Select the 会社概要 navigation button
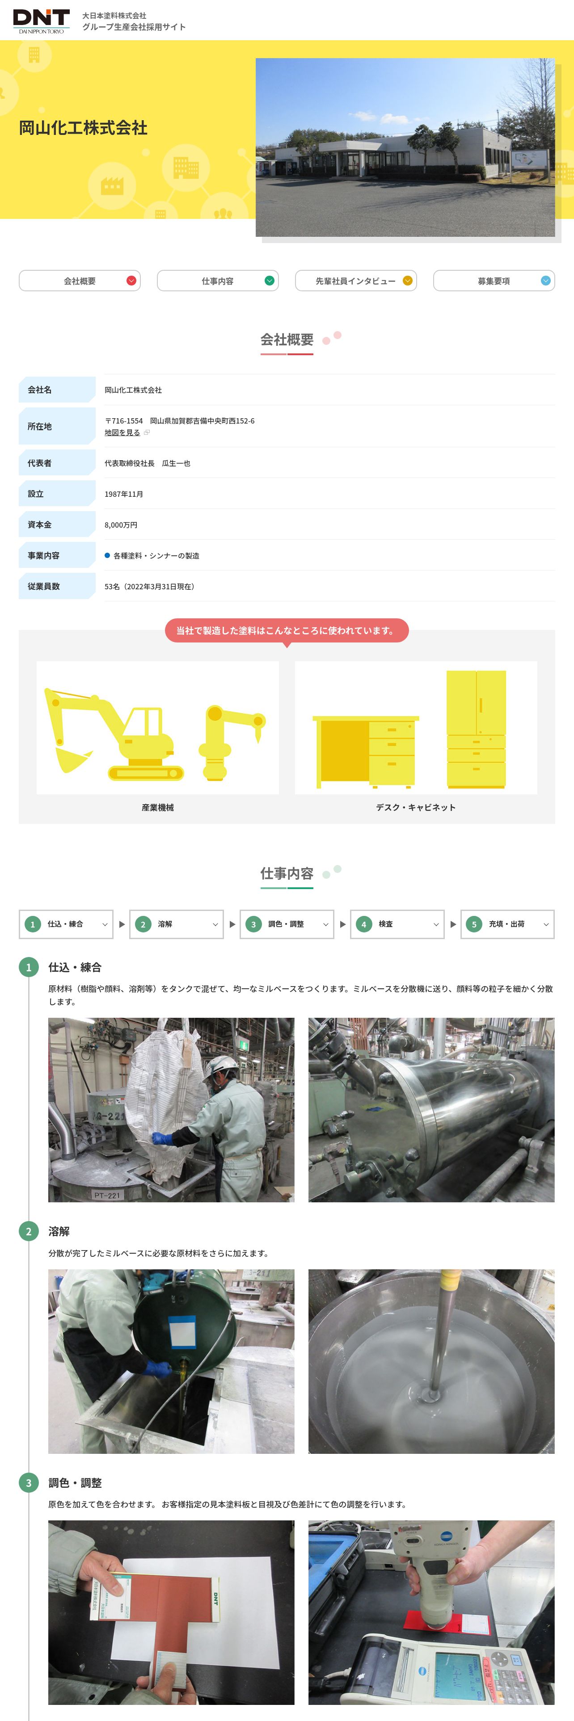80,281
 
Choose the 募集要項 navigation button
494,281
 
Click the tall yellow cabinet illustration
476,729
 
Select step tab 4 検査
397,924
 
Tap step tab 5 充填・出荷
507,924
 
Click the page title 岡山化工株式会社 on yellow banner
83,128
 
